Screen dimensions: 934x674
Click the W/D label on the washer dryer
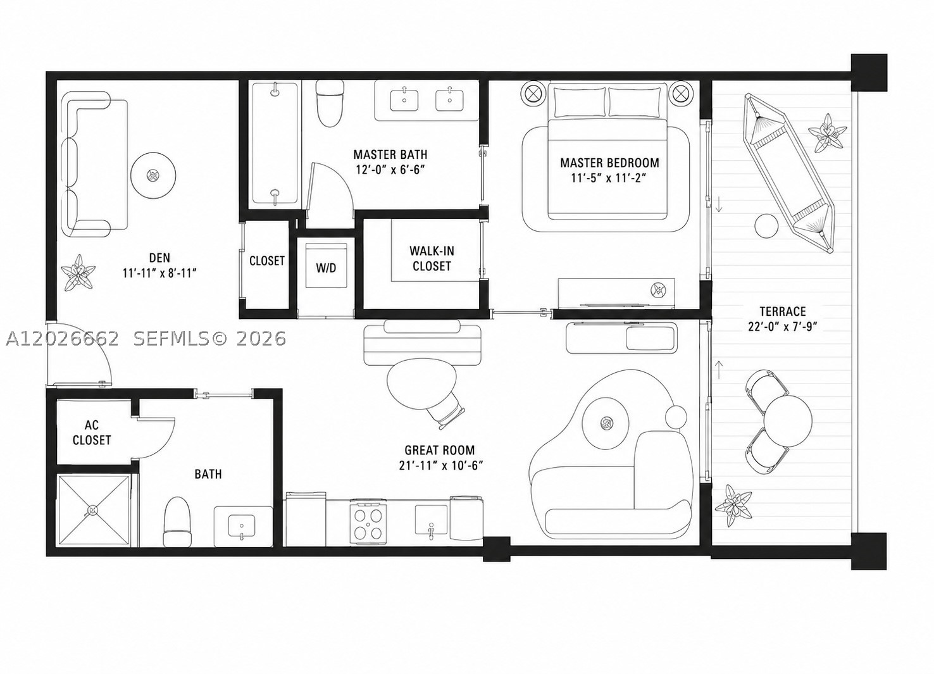click(x=326, y=268)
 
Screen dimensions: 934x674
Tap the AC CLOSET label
click(x=92, y=432)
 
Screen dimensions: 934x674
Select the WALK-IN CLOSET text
click(x=432, y=259)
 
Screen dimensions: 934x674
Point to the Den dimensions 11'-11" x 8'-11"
click(x=159, y=273)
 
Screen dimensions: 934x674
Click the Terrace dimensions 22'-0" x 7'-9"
click(x=782, y=327)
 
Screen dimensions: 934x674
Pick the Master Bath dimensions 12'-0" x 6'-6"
click(x=390, y=170)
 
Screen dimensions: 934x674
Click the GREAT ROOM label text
click(x=440, y=450)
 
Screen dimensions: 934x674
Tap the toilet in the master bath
click(x=330, y=103)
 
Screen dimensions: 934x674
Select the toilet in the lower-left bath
click(x=177, y=521)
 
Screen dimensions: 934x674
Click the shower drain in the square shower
click(x=92, y=510)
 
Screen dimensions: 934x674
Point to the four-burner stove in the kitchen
click(x=368, y=521)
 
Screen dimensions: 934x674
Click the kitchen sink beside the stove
click(x=431, y=520)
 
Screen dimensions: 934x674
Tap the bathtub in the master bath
click(x=275, y=144)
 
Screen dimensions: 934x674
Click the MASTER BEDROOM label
click(x=609, y=163)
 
